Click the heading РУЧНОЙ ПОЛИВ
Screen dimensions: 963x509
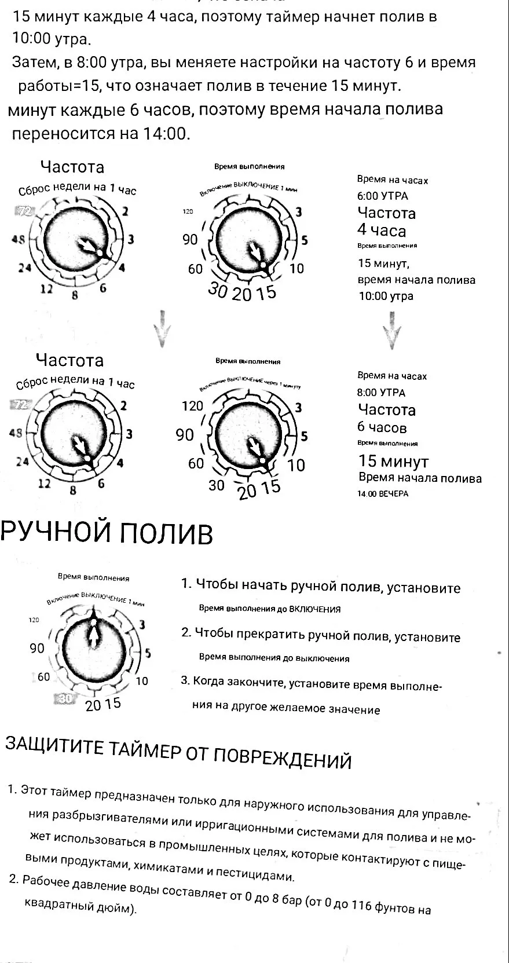tap(107, 533)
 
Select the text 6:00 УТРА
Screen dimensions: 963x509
tap(382, 196)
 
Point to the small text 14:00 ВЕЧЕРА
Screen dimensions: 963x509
tap(383, 494)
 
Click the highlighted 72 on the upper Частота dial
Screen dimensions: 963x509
tap(25, 211)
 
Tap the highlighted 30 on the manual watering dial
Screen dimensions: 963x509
tap(65, 699)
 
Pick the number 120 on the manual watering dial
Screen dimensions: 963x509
tap(34, 620)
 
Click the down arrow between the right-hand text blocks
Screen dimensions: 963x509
tap(393, 331)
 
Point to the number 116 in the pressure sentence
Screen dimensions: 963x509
tap(361, 905)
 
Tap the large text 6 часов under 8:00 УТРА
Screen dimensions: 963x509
tap(382, 428)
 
